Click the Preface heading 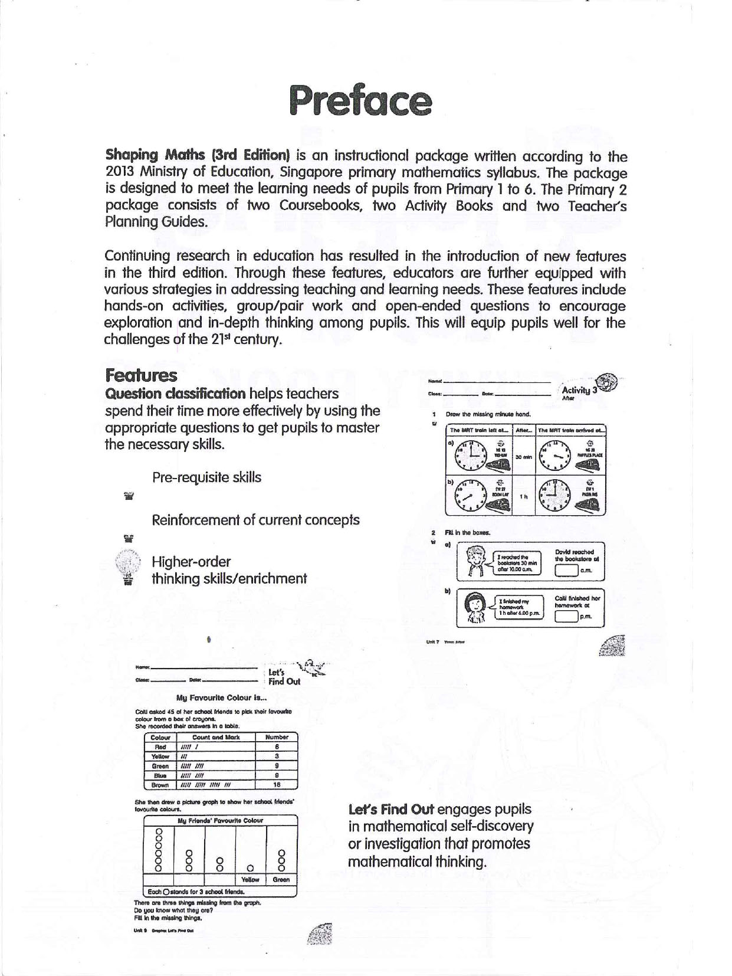[360, 101]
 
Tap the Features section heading [141, 375]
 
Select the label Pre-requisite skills [206, 477]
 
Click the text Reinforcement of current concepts [255, 520]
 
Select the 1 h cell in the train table [523, 497]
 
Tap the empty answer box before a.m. [566, 571]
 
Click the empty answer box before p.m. [566, 617]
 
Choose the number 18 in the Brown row [277, 785]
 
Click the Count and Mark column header [216, 737]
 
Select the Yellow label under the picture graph [251, 879]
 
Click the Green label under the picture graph [281, 879]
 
